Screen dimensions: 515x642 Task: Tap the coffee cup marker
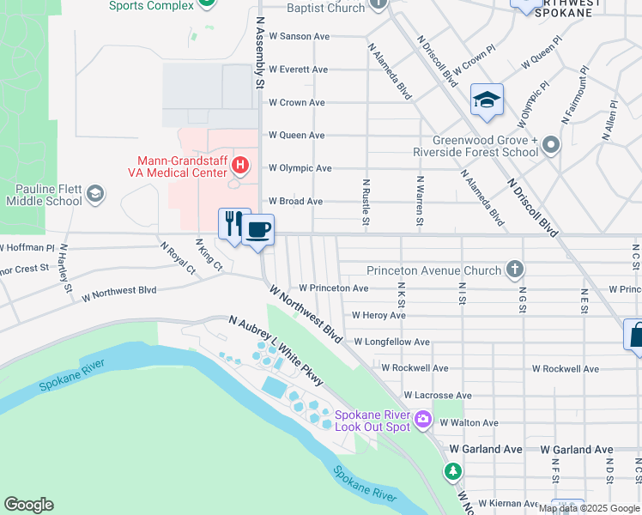257,230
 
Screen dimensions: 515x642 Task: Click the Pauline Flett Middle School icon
96,194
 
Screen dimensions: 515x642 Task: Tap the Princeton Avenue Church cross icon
514,270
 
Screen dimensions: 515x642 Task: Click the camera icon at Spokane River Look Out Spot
423,420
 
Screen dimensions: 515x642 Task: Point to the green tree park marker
452,471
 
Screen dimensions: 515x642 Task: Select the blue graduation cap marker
487,100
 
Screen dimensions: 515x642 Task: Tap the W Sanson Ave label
299,37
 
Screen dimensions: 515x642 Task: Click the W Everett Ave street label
298,70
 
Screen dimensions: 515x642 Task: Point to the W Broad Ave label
295,202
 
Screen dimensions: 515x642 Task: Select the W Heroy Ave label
378,316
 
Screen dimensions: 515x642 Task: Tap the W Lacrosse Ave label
416,396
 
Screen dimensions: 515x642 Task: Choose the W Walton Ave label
469,422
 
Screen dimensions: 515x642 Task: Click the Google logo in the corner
28,505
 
